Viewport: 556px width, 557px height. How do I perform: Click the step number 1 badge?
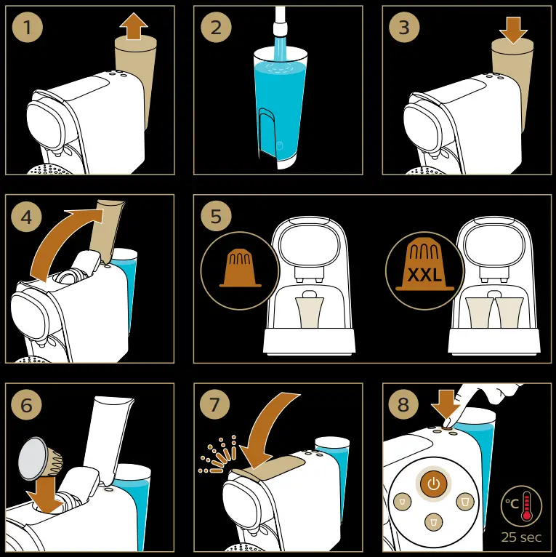point(28,28)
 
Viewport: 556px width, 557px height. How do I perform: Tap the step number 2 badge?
point(216,28)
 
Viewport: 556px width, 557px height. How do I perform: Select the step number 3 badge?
point(404,28)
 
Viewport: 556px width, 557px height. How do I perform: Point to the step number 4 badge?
point(27,217)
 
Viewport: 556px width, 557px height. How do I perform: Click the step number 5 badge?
point(216,216)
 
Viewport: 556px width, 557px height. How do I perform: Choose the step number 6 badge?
point(27,404)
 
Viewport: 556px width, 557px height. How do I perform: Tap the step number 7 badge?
point(215,404)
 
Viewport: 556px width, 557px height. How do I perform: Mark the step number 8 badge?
point(403,404)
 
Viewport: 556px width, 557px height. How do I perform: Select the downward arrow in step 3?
point(513,31)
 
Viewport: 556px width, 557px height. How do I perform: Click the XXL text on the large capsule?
point(424,275)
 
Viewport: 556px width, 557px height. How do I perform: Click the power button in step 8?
point(433,484)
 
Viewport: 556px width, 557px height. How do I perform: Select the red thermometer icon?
point(526,506)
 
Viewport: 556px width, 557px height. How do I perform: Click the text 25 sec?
point(521,537)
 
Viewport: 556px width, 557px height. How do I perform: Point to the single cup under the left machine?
point(309,312)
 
